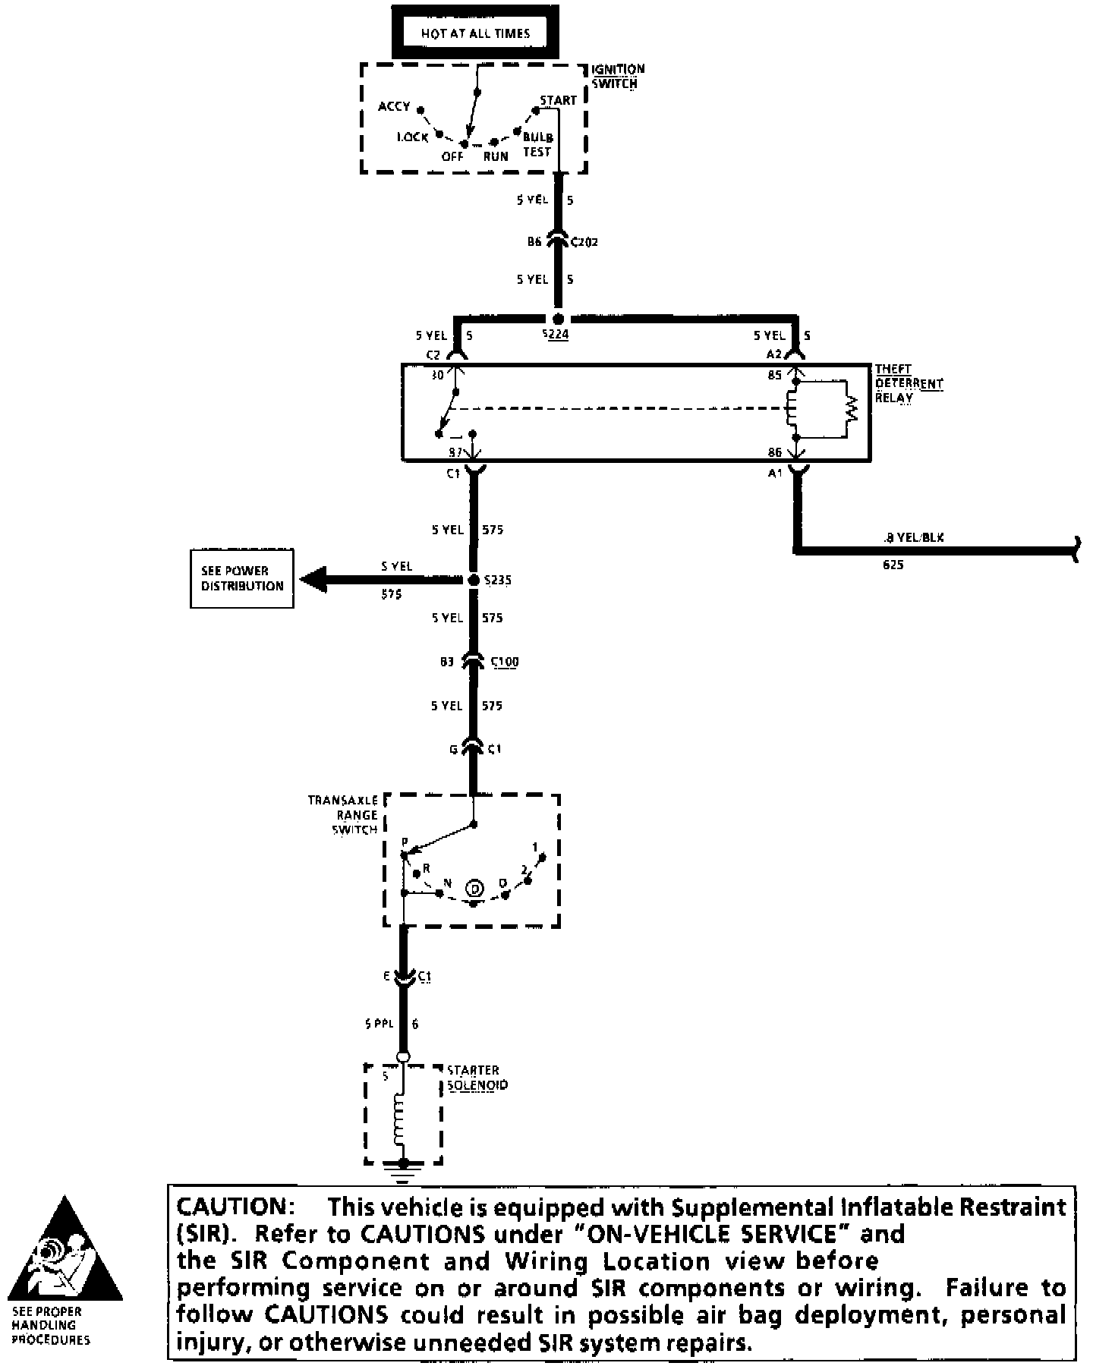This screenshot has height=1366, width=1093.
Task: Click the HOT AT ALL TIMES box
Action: pos(475,33)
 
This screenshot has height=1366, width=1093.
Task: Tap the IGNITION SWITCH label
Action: pos(618,76)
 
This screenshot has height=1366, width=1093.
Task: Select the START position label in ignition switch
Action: pos(558,100)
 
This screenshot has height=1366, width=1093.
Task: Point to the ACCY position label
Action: pos(394,106)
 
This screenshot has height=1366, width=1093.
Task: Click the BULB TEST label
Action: pos(537,144)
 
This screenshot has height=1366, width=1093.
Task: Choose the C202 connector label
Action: pos(584,242)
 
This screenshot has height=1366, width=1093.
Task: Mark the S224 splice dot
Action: pos(558,319)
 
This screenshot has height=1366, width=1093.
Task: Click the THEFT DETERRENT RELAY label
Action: pos(909,383)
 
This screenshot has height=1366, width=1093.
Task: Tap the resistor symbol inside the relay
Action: pos(852,410)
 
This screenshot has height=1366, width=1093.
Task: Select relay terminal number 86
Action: pos(774,452)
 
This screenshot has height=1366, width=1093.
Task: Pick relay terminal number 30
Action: pos(438,374)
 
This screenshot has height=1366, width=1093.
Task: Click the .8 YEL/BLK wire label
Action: pos(914,537)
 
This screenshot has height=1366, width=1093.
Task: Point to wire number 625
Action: pos(893,565)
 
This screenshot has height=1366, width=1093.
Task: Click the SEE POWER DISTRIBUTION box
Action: pos(242,578)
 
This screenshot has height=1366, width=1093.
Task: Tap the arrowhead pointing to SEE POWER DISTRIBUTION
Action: pos(313,580)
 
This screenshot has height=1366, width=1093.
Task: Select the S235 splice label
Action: pos(497,581)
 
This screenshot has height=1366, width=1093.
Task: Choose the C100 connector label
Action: pos(505,662)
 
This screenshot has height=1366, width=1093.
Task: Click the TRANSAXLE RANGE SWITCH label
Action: pos(343,814)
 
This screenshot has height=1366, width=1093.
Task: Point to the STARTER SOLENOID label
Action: pos(477,1078)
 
